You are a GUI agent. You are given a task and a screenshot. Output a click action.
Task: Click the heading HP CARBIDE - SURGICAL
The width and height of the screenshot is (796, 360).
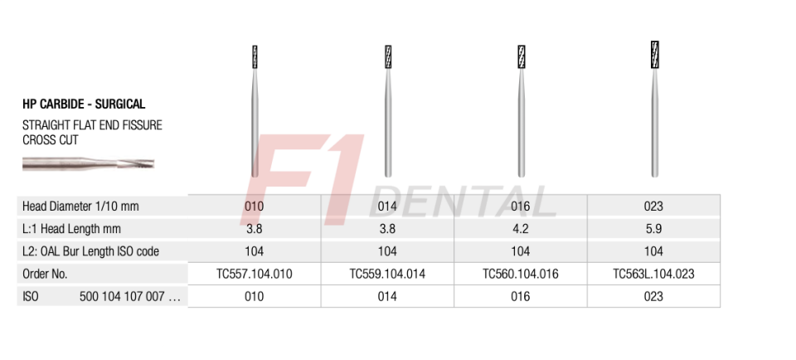point(84,105)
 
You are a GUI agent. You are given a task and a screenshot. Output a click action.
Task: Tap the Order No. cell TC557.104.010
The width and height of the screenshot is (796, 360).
point(255,274)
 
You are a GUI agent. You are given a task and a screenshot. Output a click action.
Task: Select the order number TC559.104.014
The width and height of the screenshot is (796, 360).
point(387,274)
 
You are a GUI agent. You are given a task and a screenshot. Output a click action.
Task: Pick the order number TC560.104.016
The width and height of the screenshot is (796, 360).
point(520,274)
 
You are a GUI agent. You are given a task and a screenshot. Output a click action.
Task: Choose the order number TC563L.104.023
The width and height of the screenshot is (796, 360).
point(653,274)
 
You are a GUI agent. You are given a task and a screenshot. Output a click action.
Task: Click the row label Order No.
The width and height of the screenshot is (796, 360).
point(45,274)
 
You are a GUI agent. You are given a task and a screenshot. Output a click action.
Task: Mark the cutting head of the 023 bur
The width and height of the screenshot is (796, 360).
point(654,54)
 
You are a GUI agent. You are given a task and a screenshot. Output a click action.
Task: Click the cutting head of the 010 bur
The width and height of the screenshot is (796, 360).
point(255,57)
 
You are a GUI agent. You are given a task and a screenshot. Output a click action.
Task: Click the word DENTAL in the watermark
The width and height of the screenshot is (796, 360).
point(468,202)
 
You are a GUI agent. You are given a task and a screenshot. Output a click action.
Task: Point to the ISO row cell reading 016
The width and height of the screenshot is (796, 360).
point(520,296)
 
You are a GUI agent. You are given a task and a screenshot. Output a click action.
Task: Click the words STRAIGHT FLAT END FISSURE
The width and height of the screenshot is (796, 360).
point(92,125)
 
